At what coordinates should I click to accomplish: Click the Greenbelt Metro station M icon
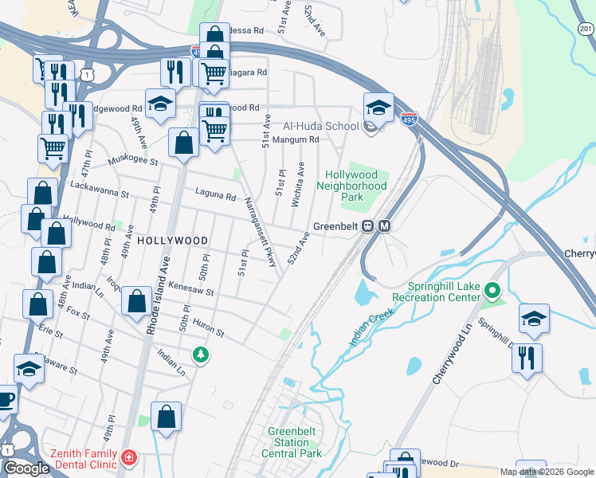point(384,225)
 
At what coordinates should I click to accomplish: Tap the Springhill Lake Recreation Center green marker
point(492,291)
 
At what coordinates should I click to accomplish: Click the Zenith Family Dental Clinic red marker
point(128,458)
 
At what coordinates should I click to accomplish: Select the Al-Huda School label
point(321,126)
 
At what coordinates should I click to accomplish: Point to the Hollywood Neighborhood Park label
point(351,186)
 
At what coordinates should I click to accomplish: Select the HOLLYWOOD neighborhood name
point(172,240)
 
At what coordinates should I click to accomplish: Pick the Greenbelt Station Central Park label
point(294,442)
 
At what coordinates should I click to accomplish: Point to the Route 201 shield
point(586,29)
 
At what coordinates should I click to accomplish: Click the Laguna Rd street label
point(215,196)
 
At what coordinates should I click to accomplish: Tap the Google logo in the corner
point(26,468)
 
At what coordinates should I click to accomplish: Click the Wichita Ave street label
point(297,185)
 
